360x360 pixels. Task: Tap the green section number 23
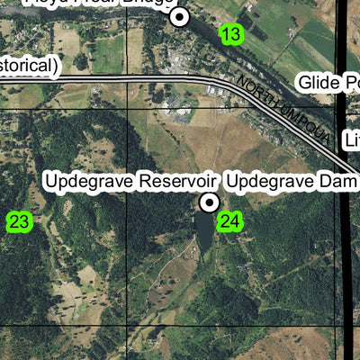pos(19,221)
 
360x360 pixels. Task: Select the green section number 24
pos(229,221)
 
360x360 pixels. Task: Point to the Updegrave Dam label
pos(292,182)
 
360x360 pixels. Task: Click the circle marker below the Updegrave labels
pos(210,202)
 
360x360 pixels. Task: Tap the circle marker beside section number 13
pos(181,16)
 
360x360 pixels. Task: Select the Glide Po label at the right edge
pos(328,83)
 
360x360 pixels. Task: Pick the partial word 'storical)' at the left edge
pos(29,66)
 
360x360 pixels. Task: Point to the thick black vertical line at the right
pos(346,270)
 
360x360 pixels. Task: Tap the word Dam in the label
pos(341,182)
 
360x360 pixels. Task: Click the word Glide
pos(317,83)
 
